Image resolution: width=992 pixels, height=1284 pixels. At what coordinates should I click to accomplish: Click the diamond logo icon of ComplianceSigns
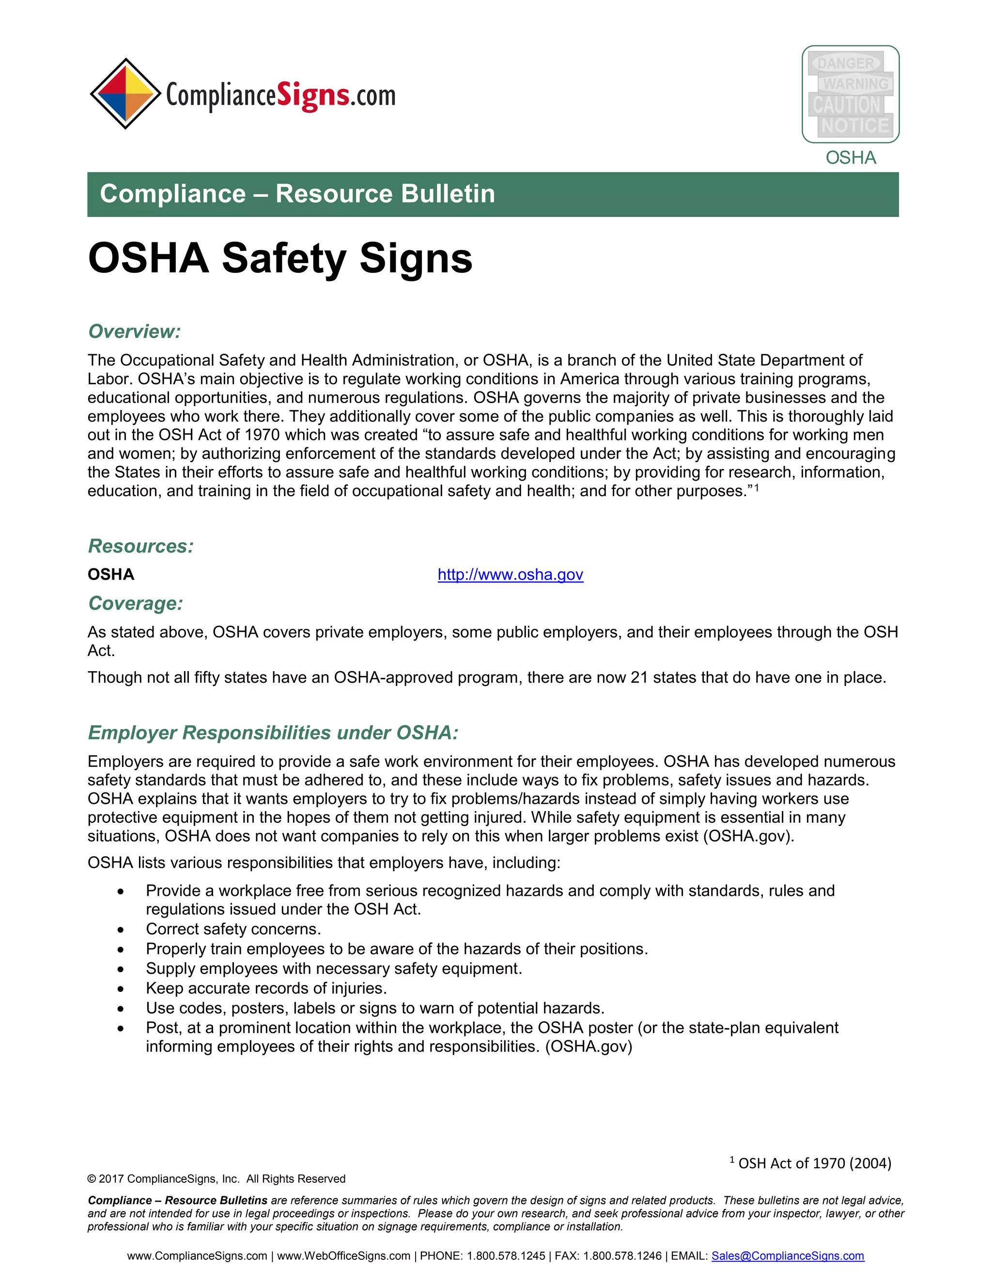point(125,94)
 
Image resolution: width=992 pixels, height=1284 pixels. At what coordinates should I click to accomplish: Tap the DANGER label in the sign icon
point(845,63)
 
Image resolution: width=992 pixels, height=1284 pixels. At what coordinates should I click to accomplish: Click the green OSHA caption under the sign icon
point(851,157)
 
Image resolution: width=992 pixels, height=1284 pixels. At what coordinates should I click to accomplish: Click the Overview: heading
point(134,331)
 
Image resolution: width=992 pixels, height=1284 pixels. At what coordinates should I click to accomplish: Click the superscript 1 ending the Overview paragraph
point(757,487)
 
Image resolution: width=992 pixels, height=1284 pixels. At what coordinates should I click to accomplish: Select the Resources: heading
point(140,546)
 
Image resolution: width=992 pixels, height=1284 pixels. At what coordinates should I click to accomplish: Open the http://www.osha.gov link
point(510,574)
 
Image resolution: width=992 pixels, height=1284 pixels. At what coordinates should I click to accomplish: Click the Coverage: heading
point(135,603)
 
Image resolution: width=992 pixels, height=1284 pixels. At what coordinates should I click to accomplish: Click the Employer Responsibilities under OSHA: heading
point(273,733)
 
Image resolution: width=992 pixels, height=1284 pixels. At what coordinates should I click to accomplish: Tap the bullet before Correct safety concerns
point(121,929)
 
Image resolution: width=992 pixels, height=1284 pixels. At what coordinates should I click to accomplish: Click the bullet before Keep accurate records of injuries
point(121,989)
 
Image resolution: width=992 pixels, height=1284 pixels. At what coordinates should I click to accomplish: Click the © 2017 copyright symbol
point(92,1179)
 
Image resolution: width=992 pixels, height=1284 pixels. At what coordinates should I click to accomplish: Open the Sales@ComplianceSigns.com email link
point(788,1256)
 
